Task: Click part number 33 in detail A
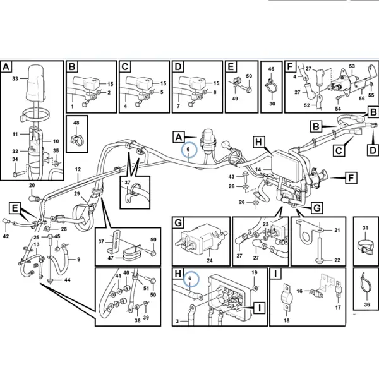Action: pos(15,78)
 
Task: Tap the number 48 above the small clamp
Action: pos(76,123)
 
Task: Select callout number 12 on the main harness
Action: pos(78,169)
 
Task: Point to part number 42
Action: pos(6,236)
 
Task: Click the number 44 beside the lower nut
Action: pos(67,280)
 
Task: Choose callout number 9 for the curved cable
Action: pos(78,260)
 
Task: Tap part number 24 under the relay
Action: pos(210,260)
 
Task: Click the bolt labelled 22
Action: pos(320,250)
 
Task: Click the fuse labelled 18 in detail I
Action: pos(287,297)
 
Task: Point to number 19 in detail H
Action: pos(255,273)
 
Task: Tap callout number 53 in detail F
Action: pos(352,66)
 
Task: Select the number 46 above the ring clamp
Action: pos(271,69)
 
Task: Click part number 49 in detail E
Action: pos(235,99)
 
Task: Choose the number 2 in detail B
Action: pos(109,92)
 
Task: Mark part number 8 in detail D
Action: pos(215,92)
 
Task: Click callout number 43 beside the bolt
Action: pos(231,177)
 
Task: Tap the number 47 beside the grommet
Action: pos(111,258)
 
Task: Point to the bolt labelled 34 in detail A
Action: pos(18,174)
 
